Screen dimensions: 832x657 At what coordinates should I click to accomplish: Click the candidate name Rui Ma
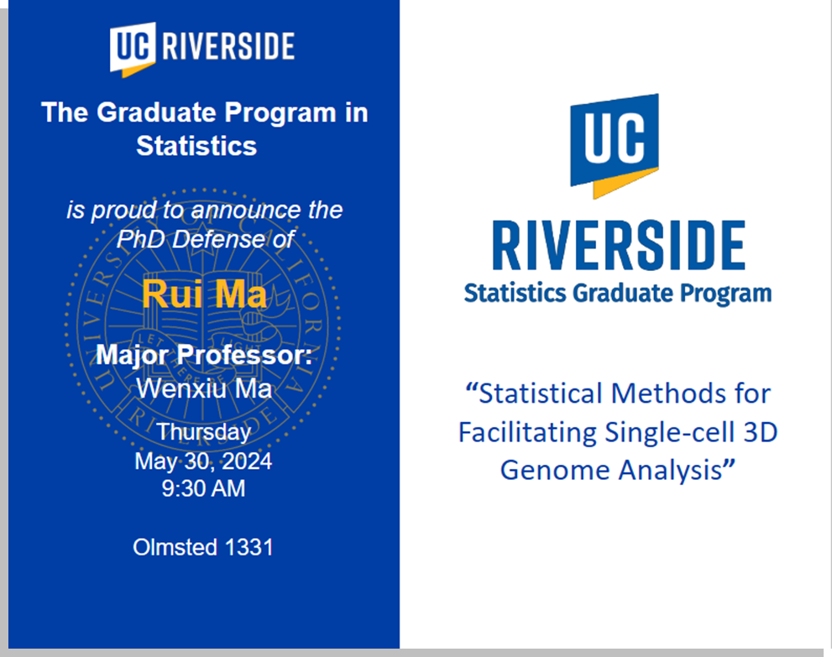coord(204,294)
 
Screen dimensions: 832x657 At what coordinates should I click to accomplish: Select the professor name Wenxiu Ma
coord(204,388)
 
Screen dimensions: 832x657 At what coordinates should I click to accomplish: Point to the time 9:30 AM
coord(204,488)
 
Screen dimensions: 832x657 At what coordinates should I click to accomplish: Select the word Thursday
coord(204,432)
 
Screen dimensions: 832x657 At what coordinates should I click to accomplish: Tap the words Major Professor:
coord(204,355)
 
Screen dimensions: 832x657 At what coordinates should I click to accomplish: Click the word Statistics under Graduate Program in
coord(196,146)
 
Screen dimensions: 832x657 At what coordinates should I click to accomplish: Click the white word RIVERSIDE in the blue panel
coord(228,46)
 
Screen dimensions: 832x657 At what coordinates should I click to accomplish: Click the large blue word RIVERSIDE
coord(619,246)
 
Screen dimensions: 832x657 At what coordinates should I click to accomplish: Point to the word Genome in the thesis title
coord(556,470)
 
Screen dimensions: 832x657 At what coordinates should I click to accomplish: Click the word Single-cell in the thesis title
coord(670,432)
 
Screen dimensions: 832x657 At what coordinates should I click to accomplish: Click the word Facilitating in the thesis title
coord(528,432)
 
